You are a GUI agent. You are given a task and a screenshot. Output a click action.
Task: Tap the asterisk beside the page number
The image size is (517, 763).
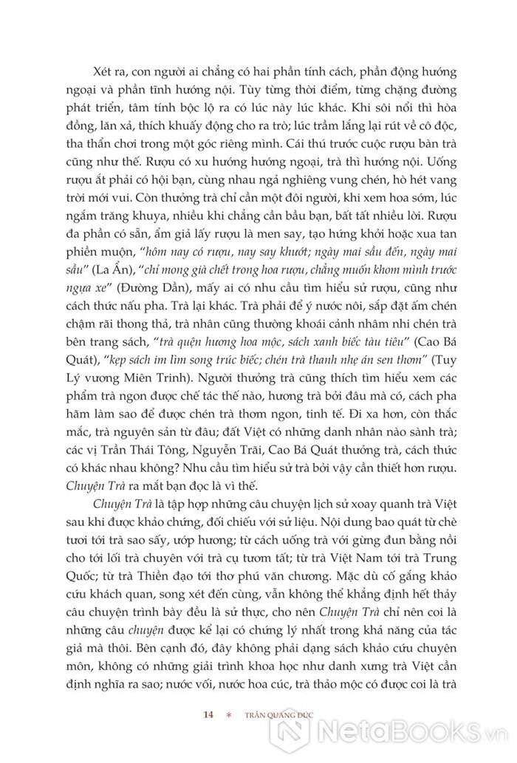[x=229, y=716]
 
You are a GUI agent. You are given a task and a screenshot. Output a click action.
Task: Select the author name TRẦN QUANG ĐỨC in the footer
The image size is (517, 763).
[x=273, y=715]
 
